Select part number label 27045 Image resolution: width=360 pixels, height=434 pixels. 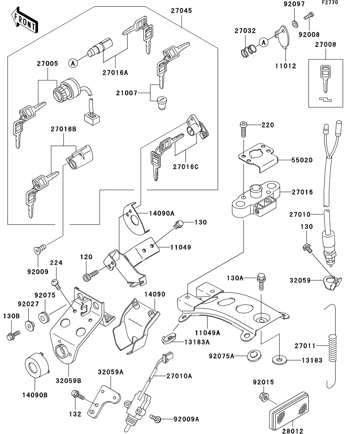[x=181, y=11]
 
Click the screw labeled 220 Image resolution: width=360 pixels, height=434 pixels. [x=243, y=127]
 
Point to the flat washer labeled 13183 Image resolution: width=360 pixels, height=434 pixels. [x=279, y=359]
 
